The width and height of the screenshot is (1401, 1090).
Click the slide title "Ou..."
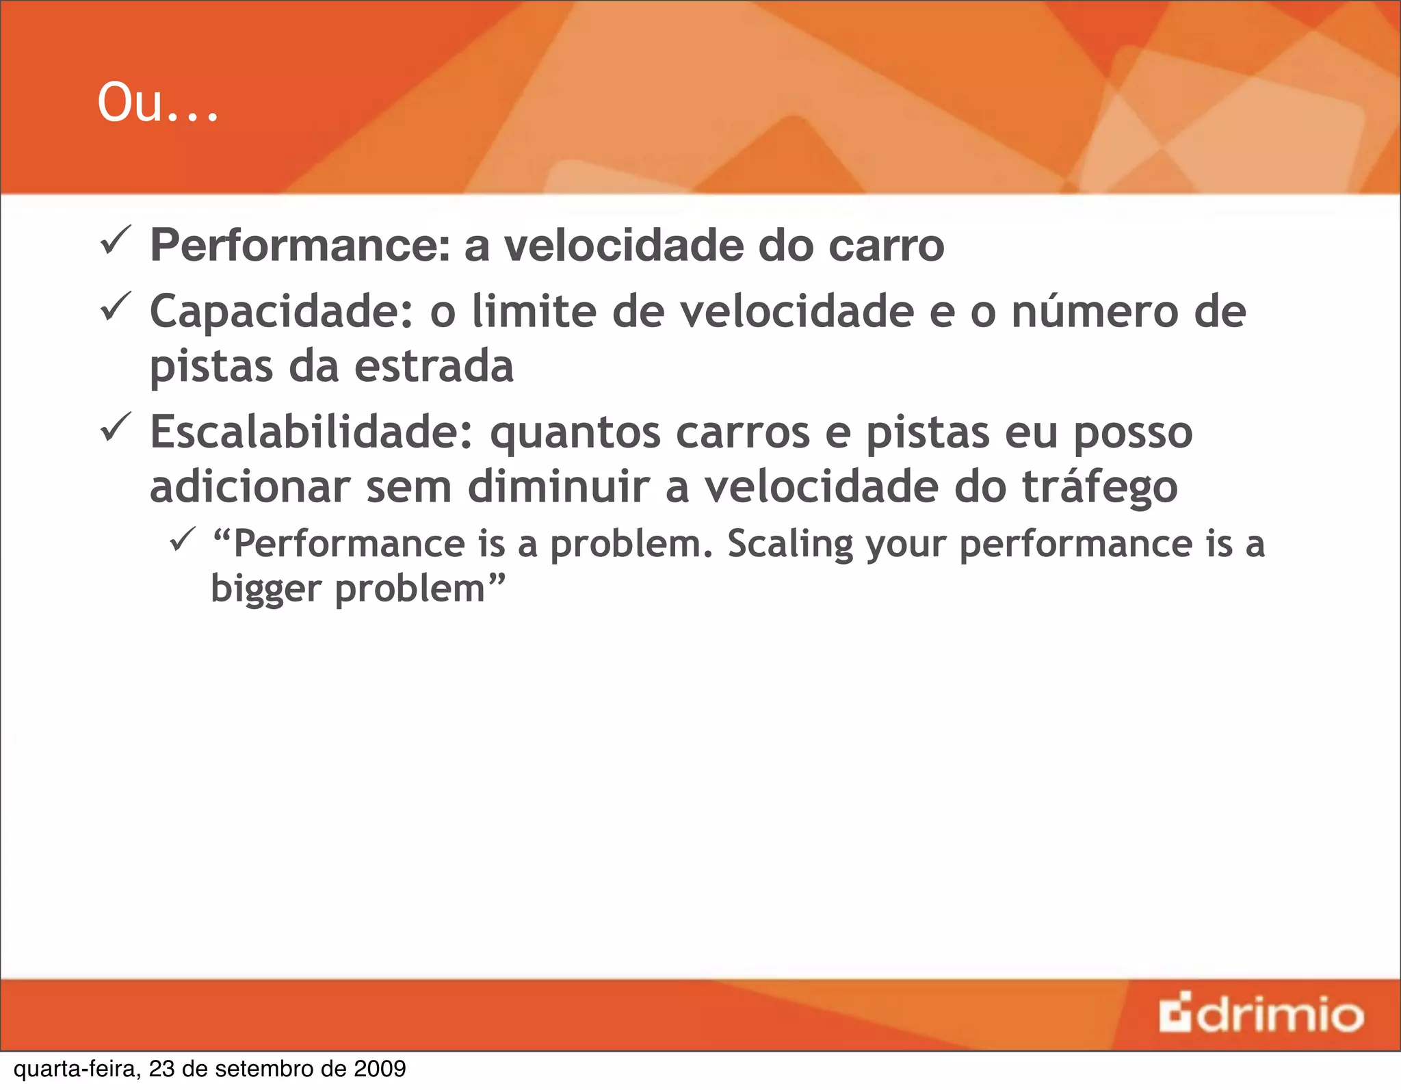pyautogui.click(x=158, y=103)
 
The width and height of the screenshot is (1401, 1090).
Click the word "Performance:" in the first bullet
pyautogui.click(x=300, y=246)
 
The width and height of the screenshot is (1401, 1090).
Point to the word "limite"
pyautogui.click(x=534, y=312)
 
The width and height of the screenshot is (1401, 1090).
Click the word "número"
pyautogui.click(x=1095, y=312)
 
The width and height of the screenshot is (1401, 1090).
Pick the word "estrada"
pyautogui.click(x=434, y=366)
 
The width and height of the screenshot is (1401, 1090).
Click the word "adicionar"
pyautogui.click(x=250, y=486)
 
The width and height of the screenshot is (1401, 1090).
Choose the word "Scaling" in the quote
pyautogui.click(x=790, y=545)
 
